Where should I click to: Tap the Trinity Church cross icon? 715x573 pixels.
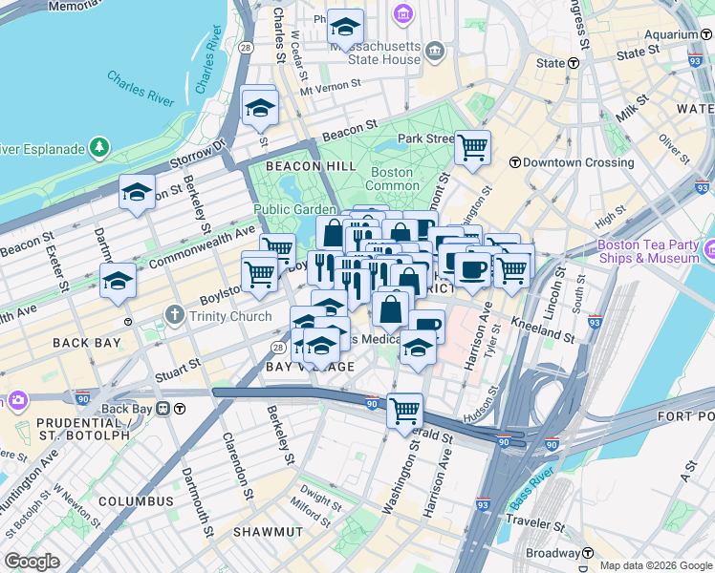coord(173,314)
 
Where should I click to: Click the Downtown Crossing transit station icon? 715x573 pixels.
coord(514,162)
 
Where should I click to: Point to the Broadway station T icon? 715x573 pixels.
coord(588,553)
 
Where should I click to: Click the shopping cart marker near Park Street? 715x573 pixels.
coord(472,147)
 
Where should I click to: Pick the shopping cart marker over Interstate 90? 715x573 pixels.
coord(405,411)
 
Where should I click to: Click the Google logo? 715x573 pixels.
coord(32,562)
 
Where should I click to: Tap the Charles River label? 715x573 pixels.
coord(140,89)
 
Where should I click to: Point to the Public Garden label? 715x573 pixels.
coord(295,210)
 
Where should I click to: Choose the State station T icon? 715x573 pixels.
coord(574,63)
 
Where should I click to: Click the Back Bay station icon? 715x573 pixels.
coord(163,409)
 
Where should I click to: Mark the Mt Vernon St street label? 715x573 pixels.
coord(331,89)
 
